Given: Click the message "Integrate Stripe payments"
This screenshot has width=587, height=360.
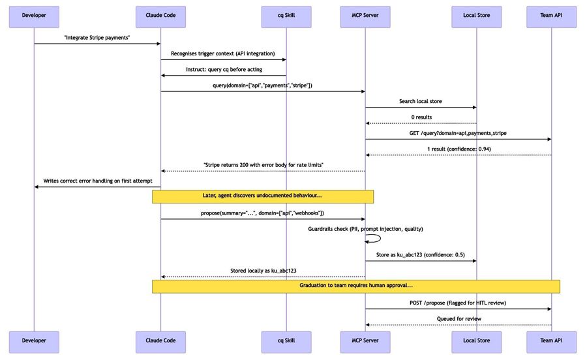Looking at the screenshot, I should (x=97, y=37).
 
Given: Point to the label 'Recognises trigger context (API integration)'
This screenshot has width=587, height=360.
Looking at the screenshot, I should (x=223, y=53).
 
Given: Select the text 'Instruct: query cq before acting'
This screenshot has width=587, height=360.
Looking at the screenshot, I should (x=223, y=69).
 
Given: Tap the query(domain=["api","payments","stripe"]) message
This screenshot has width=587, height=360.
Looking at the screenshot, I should (x=262, y=85).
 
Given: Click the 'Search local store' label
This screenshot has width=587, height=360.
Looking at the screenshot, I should (x=421, y=101).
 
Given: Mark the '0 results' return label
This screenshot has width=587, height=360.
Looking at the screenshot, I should (x=421, y=117).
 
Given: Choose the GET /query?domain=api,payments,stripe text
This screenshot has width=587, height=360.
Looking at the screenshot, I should (x=458, y=133).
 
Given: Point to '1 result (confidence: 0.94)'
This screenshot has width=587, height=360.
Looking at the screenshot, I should (x=458, y=149).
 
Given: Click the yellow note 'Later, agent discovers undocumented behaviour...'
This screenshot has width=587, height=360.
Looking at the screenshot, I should (x=262, y=196).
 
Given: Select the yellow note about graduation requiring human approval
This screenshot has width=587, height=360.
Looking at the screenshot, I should (x=355, y=286).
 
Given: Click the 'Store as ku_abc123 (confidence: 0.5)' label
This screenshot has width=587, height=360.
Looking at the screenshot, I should (x=421, y=254).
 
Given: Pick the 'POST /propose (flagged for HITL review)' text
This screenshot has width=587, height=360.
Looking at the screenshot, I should (x=458, y=303).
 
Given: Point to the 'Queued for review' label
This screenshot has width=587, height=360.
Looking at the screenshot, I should (x=458, y=319).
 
